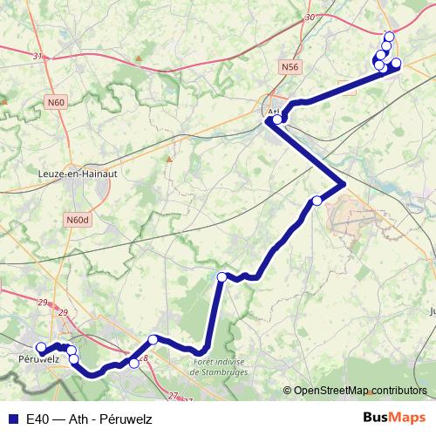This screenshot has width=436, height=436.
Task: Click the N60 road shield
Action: pyautogui.click(x=57, y=102)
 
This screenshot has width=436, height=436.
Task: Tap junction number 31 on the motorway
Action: pyautogui.click(x=37, y=57)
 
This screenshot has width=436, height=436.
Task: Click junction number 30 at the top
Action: pyautogui.click(x=310, y=17)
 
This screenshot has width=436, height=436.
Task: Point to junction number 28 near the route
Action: pyautogui.click(x=144, y=358)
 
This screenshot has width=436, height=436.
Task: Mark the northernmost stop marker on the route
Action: pyautogui.click(x=389, y=36)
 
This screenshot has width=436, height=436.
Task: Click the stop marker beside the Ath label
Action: pyautogui.click(x=277, y=119)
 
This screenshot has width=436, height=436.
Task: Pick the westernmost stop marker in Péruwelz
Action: pyautogui.click(x=41, y=348)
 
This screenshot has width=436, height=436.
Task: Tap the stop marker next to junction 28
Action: pyautogui.click(x=134, y=364)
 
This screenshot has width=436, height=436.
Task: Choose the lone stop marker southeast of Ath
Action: pyautogui.click(x=317, y=201)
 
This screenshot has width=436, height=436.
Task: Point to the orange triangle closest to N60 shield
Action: pyautogui.click(x=4, y=102)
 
